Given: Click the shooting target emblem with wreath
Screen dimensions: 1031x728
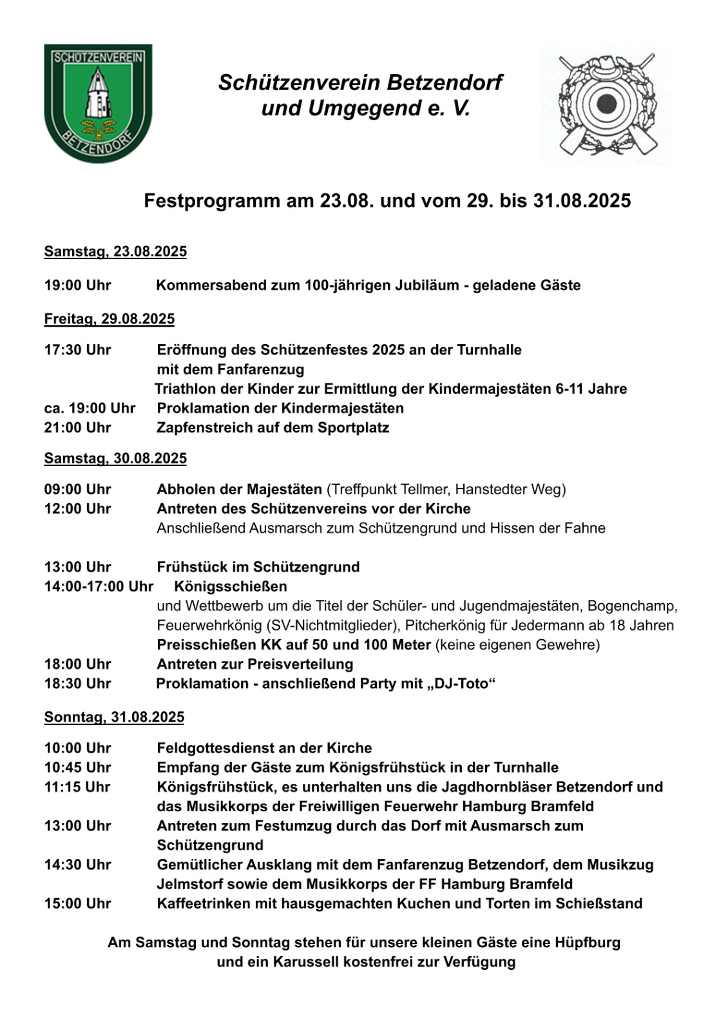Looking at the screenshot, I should (x=606, y=104).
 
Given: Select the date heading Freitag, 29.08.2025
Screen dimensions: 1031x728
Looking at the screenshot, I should (x=109, y=319).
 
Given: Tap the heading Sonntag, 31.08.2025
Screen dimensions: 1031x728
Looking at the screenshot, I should (x=114, y=717).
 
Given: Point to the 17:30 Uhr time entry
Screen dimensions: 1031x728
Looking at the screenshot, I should (x=77, y=350).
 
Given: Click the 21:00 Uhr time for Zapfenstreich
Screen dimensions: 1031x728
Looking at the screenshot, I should (x=77, y=428).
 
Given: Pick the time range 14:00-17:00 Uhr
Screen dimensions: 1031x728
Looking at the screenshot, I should (x=99, y=586).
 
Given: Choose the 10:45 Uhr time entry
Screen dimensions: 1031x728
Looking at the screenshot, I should (x=77, y=767).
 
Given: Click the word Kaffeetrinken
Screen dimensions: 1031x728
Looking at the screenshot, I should (x=203, y=903).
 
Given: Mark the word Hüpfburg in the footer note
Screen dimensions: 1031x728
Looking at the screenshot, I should (x=588, y=943).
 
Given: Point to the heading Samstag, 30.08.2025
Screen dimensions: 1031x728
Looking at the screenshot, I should (x=115, y=459).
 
